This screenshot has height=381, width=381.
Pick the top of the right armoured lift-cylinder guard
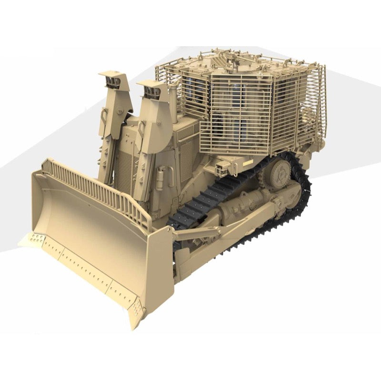pos(151,86)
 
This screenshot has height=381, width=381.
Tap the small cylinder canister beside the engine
pos(159,179)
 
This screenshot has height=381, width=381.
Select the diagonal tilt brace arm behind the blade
pos(195,233)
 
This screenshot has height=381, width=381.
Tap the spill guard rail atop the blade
pos(95,190)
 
